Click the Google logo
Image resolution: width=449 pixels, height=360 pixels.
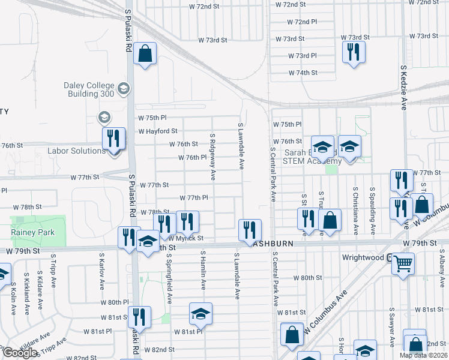point(20,353)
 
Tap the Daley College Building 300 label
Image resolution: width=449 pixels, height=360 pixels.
point(89,89)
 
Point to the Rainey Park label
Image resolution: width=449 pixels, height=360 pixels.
point(32,232)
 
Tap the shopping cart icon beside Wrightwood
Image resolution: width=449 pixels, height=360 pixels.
point(403,263)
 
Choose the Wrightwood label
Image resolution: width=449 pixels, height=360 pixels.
point(363,257)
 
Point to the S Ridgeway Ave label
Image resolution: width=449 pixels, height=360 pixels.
point(212,157)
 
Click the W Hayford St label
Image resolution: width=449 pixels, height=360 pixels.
point(158,131)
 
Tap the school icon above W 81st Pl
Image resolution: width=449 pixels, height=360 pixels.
point(201,313)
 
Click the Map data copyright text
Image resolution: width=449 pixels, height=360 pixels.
point(423,355)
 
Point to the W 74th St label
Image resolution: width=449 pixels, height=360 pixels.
point(303,73)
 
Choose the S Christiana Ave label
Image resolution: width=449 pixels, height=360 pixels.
point(356,204)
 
